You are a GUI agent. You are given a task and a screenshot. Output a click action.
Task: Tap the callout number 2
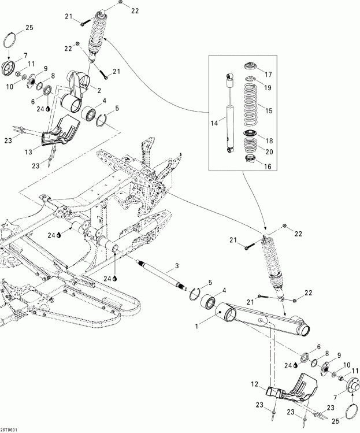pyautogui.click(x=99, y=90)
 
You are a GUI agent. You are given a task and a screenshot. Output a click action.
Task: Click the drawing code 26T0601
pyautogui.click(x=9, y=429)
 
